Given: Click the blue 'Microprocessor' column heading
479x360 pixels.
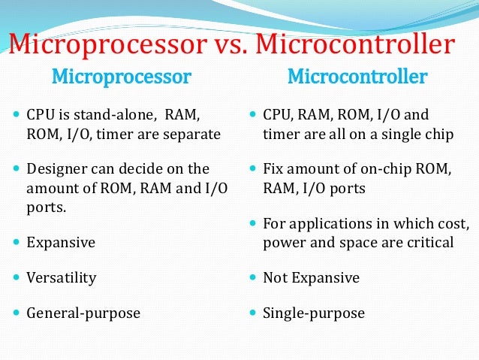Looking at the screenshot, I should [x=121, y=77].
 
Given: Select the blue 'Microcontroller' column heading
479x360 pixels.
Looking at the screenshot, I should [x=357, y=77].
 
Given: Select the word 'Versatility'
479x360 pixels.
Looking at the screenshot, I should [x=62, y=278].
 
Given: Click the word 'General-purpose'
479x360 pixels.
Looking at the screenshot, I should [x=83, y=313].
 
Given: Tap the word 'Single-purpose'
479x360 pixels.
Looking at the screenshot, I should [x=314, y=313].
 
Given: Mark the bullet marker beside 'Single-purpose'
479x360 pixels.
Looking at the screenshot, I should [x=253, y=313].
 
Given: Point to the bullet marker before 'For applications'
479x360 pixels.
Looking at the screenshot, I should [x=253, y=224].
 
